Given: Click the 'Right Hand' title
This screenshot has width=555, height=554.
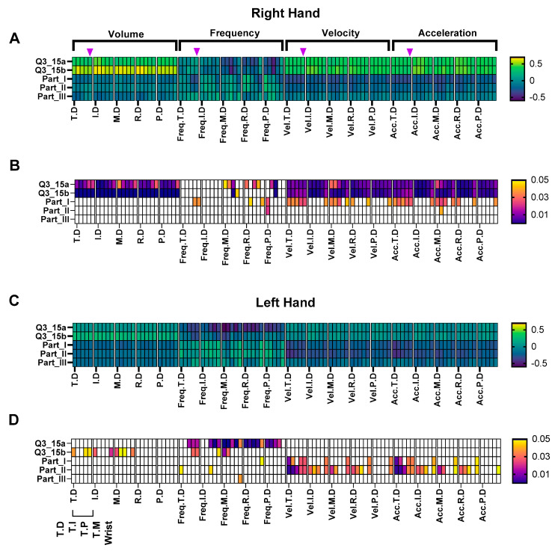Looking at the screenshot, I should [x=277, y=13].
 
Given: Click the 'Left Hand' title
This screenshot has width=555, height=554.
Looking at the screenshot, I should [x=277, y=302].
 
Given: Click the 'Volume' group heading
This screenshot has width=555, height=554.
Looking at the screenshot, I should [x=125, y=33].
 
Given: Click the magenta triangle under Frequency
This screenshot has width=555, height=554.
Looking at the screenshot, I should [x=197, y=51].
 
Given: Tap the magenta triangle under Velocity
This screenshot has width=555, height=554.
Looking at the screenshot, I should [x=303, y=51].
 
